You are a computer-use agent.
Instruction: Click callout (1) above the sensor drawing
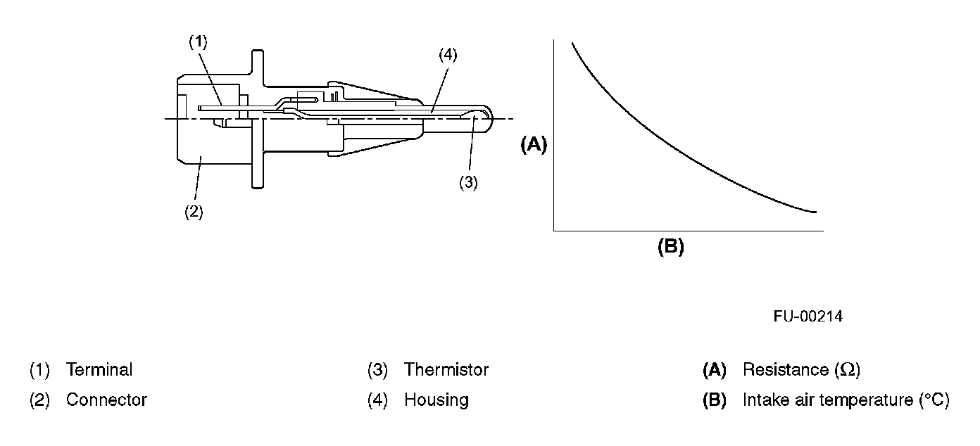(198, 42)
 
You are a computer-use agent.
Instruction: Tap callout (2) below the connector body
(194, 212)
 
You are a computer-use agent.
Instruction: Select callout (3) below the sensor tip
(468, 182)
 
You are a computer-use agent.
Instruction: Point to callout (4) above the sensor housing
(447, 55)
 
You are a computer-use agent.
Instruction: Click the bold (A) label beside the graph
(534, 145)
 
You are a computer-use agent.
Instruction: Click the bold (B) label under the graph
(670, 247)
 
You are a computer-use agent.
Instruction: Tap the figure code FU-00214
(808, 317)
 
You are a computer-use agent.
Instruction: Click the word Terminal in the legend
(99, 369)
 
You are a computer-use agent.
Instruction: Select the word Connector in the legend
(106, 400)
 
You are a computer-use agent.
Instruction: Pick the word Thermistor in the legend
(446, 369)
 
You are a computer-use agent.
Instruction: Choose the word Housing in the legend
(436, 400)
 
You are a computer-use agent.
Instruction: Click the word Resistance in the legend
(785, 369)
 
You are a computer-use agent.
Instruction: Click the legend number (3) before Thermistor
(377, 369)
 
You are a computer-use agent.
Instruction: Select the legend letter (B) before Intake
(715, 400)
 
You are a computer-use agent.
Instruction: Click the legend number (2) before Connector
(39, 400)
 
